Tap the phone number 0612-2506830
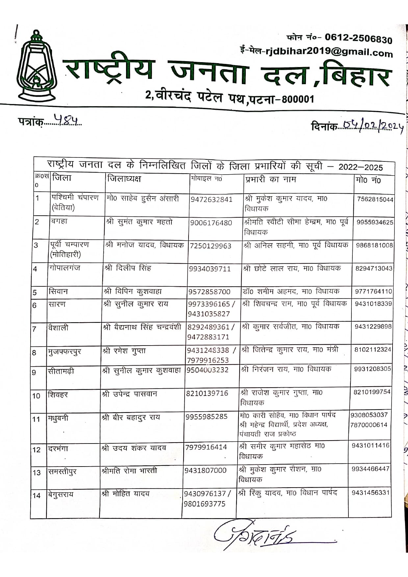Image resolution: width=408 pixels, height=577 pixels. [x=358, y=38]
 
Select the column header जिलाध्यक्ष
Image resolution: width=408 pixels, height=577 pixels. [x=124, y=179]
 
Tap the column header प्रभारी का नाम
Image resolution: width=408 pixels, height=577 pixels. [x=270, y=180]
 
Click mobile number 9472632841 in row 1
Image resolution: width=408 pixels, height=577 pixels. [x=211, y=200]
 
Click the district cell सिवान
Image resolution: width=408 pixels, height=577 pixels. [x=58, y=291]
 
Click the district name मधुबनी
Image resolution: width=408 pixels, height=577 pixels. [x=58, y=418]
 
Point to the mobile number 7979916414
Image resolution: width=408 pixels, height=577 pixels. [x=206, y=447]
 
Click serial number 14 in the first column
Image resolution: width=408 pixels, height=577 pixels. [x=37, y=495]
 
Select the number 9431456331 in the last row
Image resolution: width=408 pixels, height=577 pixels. [x=370, y=493]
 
